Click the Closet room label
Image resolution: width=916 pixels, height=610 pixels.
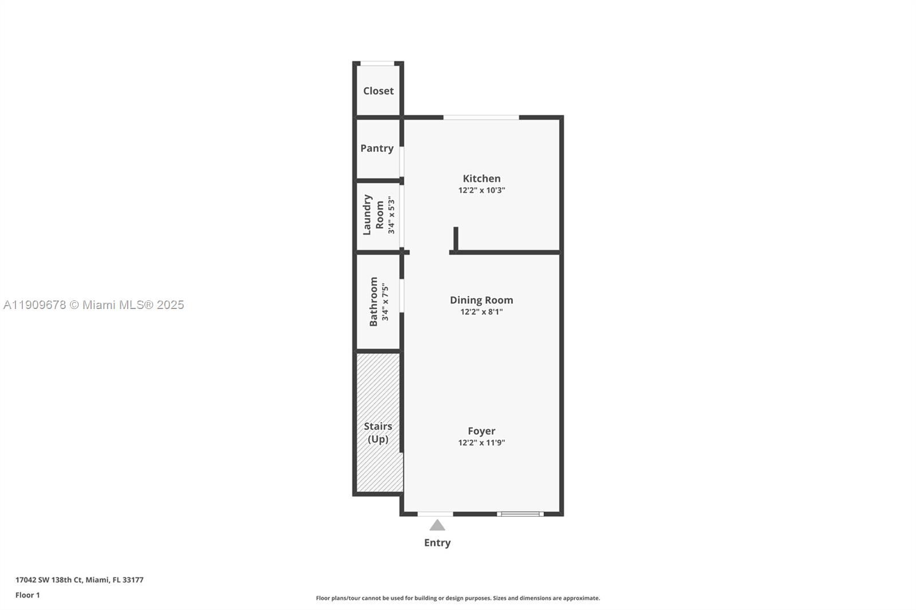pyautogui.click(x=378, y=91)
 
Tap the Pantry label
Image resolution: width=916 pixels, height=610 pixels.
pyautogui.click(x=377, y=148)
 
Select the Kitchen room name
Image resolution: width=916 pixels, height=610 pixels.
pyautogui.click(x=481, y=179)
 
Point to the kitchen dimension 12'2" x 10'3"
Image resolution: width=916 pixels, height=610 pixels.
pyautogui.click(x=481, y=191)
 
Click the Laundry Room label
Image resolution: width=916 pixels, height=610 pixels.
pyautogui.click(x=373, y=215)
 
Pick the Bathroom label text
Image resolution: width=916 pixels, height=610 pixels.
pyautogui.click(x=373, y=302)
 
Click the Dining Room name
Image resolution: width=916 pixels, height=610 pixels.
pyautogui.click(x=481, y=300)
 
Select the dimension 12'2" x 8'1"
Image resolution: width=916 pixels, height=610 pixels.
pyautogui.click(x=481, y=312)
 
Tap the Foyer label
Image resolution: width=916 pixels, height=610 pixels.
pyautogui.click(x=481, y=431)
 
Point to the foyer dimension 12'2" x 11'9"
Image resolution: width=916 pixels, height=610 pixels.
pyautogui.click(x=481, y=442)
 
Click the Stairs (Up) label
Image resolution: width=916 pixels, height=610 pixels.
pyautogui.click(x=378, y=433)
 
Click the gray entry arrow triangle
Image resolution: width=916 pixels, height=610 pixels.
pyautogui.click(x=437, y=525)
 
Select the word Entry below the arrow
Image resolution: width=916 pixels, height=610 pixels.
pyautogui.click(x=437, y=542)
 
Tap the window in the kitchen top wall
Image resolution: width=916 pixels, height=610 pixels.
pyautogui.click(x=481, y=117)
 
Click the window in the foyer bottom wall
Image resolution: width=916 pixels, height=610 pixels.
pyautogui.click(x=520, y=514)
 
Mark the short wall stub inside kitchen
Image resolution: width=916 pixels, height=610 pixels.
pyautogui.click(x=456, y=238)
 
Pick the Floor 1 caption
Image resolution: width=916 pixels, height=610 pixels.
pyautogui.click(x=27, y=595)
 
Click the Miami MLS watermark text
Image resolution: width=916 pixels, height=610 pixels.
pyautogui.click(x=94, y=305)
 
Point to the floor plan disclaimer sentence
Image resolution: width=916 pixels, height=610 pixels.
pyautogui.click(x=458, y=598)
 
